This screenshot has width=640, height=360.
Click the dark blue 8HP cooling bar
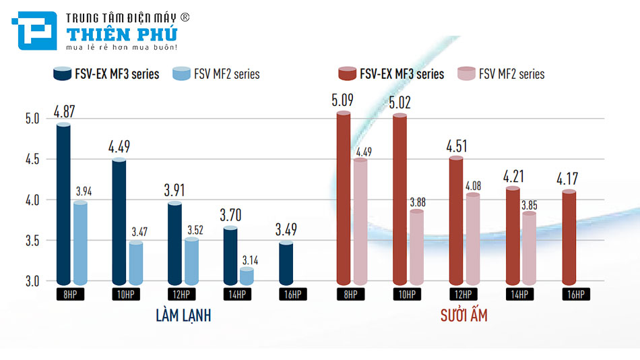click(x=63, y=202)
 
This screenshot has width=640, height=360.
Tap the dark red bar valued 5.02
click(x=399, y=199)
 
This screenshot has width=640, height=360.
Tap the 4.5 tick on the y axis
click(x=32, y=160)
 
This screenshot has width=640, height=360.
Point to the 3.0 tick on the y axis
click(x=32, y=281)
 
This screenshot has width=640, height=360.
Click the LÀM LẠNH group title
click(x=183, y=315)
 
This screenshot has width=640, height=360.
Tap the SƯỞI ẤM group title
click(x=464, y=315)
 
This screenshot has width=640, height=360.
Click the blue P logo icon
click(x=34, y=32)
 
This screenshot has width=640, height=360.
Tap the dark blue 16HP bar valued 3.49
click(x=286, y=263)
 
